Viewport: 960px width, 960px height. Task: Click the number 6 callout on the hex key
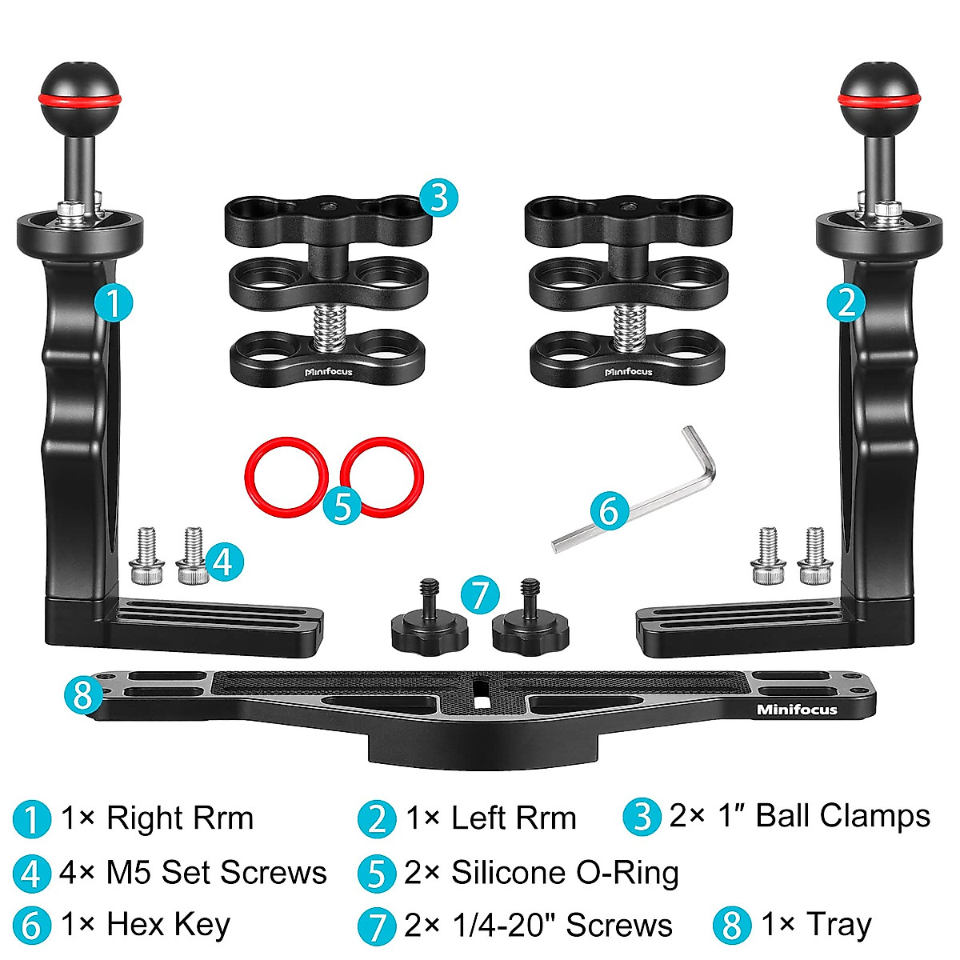tap(609, 510)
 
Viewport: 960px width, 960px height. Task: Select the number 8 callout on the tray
tap(84, 694)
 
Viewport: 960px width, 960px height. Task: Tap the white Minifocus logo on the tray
tap(797, 710)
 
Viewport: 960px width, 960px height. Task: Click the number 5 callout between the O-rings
tap(342, 505)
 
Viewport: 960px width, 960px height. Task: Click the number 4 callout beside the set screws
tap(222, 562)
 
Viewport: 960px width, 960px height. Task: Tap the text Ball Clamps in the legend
tap(842, 816)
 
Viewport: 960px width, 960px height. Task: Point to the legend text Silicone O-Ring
tap(565, 872)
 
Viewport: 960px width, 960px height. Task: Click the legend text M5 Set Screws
tap(216, 872)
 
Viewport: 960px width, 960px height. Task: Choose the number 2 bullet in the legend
tap(377, 819)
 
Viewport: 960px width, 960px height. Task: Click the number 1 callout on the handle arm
tap(113, 303)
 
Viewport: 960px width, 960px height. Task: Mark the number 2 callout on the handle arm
tap(846, 303)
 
